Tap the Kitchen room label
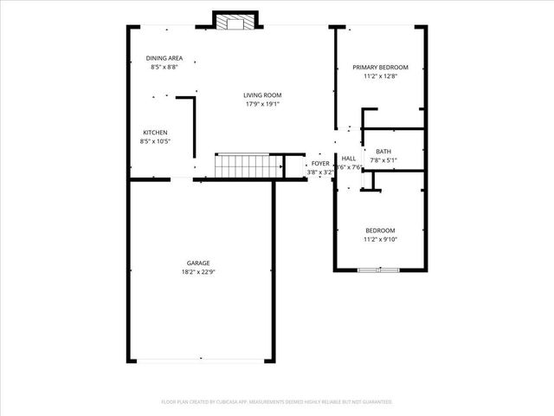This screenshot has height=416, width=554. click(x=155, y=133)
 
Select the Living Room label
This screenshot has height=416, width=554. click(x=261, y=95)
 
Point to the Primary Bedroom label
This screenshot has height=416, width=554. click(x=380, y=67)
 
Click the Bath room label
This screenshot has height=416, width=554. click(x=383, y=152)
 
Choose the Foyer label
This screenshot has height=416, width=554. click(x=320, y=163)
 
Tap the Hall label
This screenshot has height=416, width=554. click(x=349, y=159)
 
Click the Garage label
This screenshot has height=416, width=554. click(x=198, y=263)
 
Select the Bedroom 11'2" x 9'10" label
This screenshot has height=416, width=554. click(x=380, y=230)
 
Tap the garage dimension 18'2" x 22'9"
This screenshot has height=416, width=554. click(x=198, y=271)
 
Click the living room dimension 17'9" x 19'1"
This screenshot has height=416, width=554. click(x=261, y=104)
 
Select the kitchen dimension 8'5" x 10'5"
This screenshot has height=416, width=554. click(x=155, y=141)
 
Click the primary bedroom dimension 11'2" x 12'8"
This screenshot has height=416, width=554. click(x=380, y=75)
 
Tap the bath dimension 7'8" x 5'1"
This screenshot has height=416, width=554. click(x=383, y=160)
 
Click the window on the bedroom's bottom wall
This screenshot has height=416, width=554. click(x=379, y=270)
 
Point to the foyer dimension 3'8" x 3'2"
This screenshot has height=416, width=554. click(x=320, y=172)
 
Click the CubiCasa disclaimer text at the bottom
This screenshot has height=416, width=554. click(x=277, y=401)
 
